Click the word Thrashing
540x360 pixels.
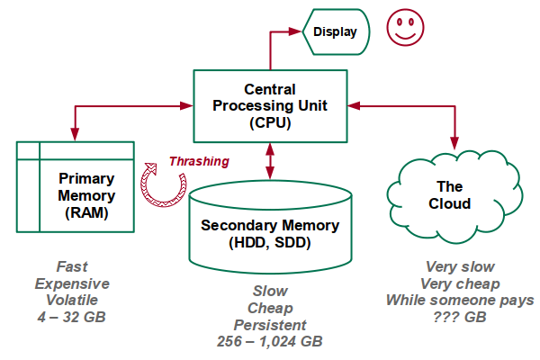click(199, 161)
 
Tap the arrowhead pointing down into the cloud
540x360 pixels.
click(454, 141)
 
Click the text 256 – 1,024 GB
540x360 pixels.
click(269, 342)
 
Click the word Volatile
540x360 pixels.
click(71, 300)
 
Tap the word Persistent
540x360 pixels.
click(269, 325)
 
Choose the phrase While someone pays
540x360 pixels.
click(460, 300)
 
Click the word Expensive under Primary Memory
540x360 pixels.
click(71, 283)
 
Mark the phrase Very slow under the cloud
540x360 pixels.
click(460, 267)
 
